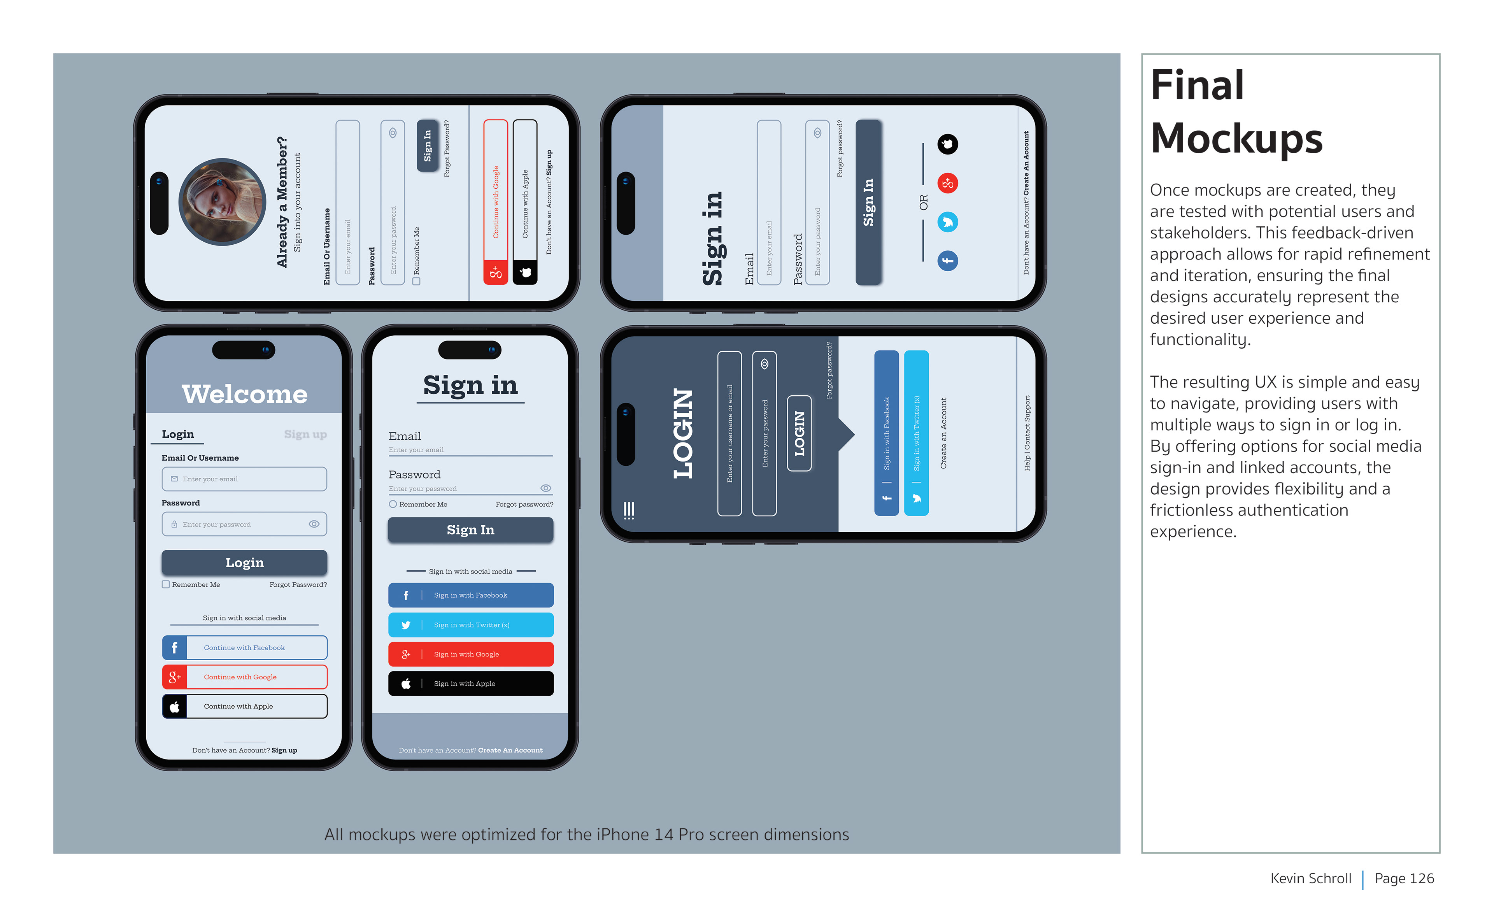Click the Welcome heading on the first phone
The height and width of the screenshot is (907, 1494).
point(244,394)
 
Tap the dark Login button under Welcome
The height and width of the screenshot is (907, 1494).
point(244,562)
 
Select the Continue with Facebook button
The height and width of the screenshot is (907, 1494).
point(244,647)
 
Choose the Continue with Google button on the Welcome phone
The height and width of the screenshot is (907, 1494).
point(244,677)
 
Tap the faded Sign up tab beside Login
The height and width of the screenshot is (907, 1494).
point(305,434)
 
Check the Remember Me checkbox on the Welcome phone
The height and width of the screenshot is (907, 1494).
point(165,584)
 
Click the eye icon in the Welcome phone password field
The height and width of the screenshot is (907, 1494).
point(314,524)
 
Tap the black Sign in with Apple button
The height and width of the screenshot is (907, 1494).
point(470,683)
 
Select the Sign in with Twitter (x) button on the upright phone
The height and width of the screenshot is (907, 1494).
point(470,625)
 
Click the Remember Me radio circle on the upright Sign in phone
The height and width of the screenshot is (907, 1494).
point(393,504)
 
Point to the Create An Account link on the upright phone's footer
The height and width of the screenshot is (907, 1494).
point(510,750)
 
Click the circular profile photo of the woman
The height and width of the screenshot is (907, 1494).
point(222,202)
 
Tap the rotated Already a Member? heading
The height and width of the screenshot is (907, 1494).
point(282,202)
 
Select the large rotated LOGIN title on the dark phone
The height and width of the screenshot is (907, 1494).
point(683,433)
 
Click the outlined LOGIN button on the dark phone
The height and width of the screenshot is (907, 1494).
point(799,433)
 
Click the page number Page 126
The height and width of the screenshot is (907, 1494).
point(1404,879)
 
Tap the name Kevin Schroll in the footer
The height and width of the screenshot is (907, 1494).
point(1310,879)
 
